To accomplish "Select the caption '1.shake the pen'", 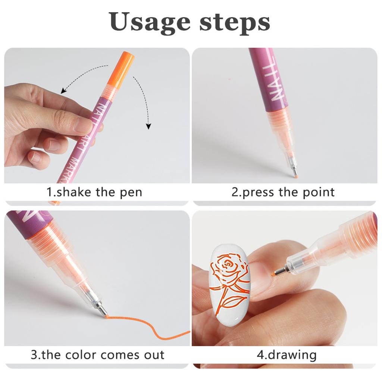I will click(94, 192).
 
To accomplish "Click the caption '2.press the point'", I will click(283, 192).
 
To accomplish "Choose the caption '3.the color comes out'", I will click(97, 354).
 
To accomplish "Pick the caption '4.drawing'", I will click(286, 354).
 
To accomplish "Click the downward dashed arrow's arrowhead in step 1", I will click(148, 126).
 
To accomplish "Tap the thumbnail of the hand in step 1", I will click(83, 125).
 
